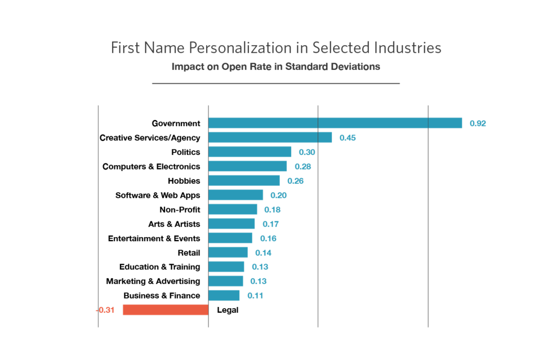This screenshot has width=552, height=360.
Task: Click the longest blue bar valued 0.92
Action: pos(335,123)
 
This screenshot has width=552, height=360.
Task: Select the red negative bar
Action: pos(166,310)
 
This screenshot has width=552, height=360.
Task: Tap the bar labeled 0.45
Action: pos(270,137)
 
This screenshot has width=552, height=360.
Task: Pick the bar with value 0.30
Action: pos(250,152)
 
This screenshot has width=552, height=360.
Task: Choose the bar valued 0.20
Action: pos(236,195)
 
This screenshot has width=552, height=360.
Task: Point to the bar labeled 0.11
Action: pos(224,295)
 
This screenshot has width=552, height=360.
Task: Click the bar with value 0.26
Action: pos(244,180)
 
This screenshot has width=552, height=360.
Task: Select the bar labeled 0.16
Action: pos(230,238)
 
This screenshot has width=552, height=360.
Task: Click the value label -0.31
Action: pos(105,310)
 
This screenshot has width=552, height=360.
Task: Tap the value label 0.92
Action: pos(478,123)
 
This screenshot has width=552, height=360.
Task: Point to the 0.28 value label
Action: pos(303,166)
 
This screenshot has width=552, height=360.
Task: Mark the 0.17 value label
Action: pos(271,224)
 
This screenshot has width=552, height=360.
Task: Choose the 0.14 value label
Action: pos(263,252)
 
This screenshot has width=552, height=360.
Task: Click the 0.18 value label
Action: pos(273,210)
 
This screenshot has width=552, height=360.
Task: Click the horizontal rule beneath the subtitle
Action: pos(276,83)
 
